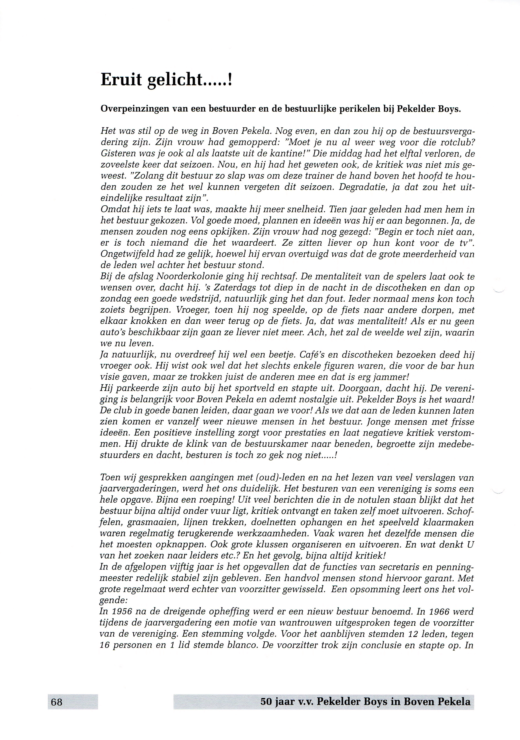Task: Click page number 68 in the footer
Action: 57,702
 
